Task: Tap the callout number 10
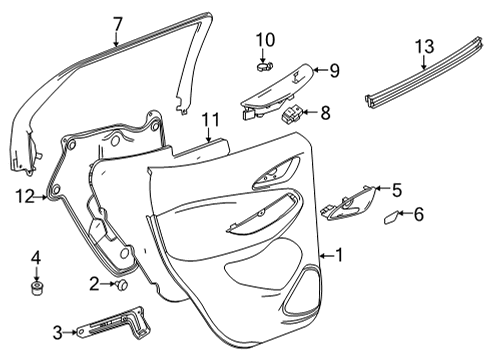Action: pyautogui.click(x=265, y=41)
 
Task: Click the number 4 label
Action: pyautogui.click(x=37, y=258)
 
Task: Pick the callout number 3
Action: pyautogui.click(x=58, y=332)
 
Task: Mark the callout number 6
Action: pyautogui.click(x=419, y=213)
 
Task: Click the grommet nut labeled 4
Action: pyautogui.click(x=37, y=291)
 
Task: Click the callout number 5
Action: pyautogui.click(x=396, y=188)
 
